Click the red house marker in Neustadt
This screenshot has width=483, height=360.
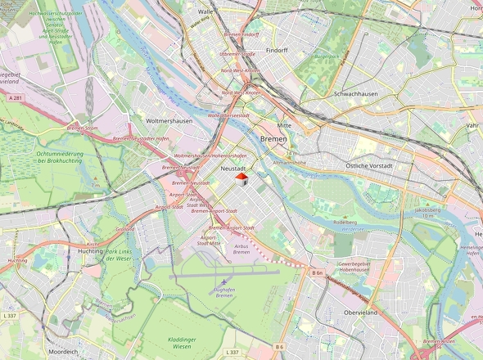241,179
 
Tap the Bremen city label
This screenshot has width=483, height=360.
273,139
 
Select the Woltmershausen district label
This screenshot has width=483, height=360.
169,120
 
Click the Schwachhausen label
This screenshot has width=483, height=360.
356,94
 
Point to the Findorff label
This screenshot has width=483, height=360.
277,50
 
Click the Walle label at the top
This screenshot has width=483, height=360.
206,13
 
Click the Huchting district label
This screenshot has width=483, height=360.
90,251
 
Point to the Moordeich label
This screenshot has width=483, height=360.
63,351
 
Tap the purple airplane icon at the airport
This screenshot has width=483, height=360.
225,281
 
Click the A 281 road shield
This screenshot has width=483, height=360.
14,98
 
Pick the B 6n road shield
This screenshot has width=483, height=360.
318,272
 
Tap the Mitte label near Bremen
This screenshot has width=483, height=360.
284,125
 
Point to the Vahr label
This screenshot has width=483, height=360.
472,125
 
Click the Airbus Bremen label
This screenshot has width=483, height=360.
241,249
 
